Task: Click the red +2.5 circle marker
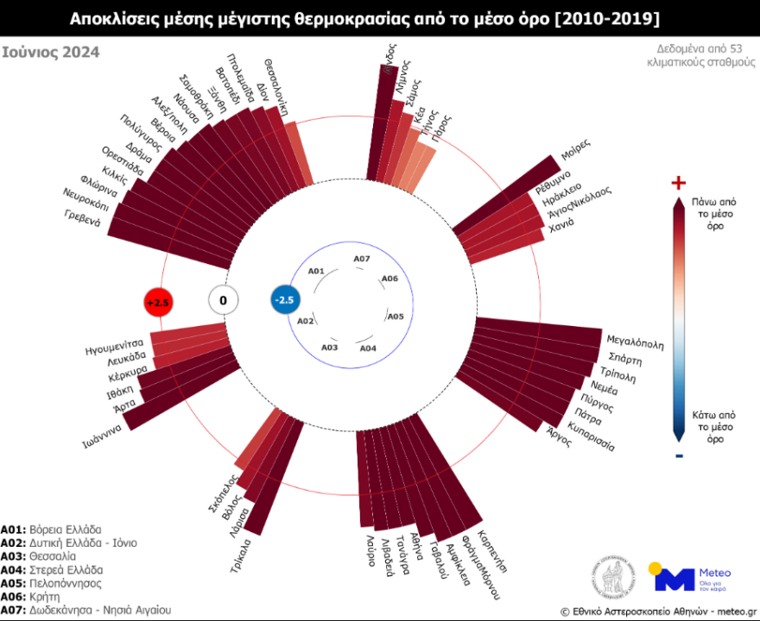tap(158, 302)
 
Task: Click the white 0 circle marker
tap(223, 300)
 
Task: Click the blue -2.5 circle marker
tap(285, 299)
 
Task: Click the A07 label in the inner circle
tap(362, 259)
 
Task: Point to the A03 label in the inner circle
tap(330, 347)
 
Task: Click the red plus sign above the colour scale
tap(678, 183)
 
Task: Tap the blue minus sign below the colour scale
tap(679, 455)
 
